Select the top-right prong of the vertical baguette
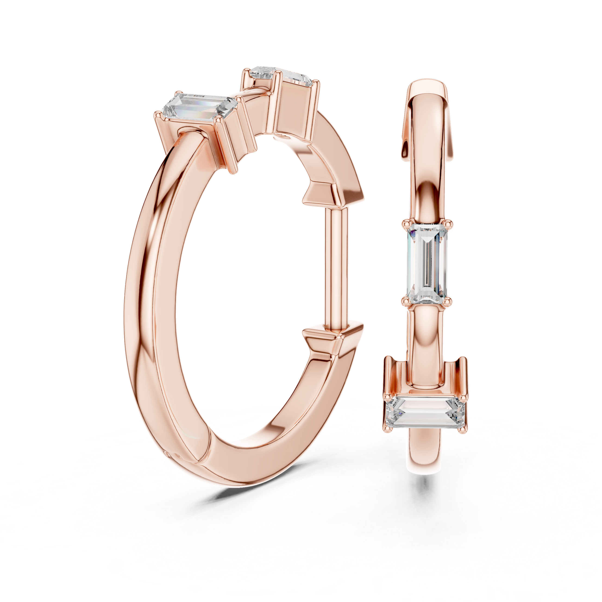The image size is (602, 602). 449,222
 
